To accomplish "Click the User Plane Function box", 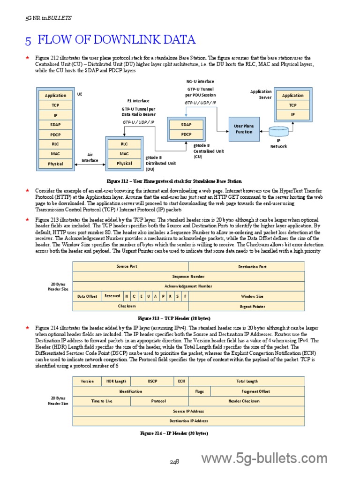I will pyautogui.click(x=243, y=129).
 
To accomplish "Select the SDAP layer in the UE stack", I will pyautogui.click(x=55, y=125).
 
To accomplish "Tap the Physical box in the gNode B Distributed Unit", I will pyautogui.click(x=124, y=164).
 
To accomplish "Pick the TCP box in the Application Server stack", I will pyautogui.click(x=293, y=105).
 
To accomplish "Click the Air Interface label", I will pyautogui.click(x=90, y=157).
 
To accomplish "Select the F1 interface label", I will pyautogui.click(x=138, y=101).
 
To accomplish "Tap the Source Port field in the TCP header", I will pyautogui.click(x=130, y=266).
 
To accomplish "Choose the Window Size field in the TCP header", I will pyautogui.click(x=252, y=296).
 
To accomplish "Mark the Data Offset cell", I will pyautogui.click(x=88, y=296).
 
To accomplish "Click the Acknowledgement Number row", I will pyautogui.click(x=188, y=286).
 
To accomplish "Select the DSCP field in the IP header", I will pyautogui.click(x=152, y=381).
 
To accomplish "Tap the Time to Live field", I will pyautogui.click(x=102, y=401).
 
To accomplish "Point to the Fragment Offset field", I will pyautogui.click(x=255, y=391).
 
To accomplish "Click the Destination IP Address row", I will pyautogui.click(x=188, y=421).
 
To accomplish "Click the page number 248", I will pyautogui.click(x=174, y=462).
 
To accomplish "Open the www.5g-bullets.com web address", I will pyautogui.click(x=264, y=458).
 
